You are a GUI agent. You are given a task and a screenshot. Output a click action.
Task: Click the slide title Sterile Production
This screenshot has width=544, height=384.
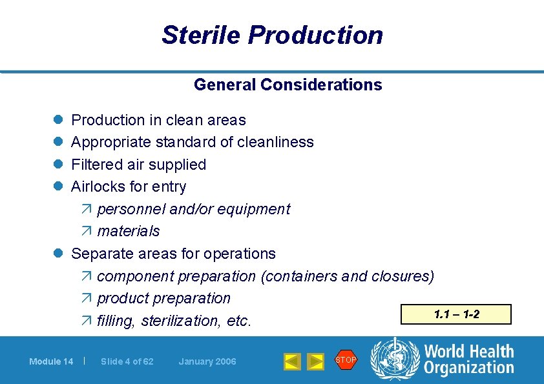click(272, 35)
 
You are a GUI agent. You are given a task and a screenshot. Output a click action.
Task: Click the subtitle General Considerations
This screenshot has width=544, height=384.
click(288, 85)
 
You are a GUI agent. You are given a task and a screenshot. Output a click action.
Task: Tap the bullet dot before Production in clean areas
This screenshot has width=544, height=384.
click(58, 120)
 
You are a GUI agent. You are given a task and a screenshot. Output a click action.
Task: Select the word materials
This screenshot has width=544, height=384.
click(128, 231)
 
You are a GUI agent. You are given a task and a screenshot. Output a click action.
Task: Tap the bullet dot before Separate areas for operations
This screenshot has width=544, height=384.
click(58, 254)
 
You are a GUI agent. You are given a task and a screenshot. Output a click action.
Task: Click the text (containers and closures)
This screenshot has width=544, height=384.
click(347, 276)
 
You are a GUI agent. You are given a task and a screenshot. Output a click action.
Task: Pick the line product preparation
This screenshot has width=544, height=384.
click(163, 298)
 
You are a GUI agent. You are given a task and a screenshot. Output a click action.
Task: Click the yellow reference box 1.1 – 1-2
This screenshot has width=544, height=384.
click(456, 314)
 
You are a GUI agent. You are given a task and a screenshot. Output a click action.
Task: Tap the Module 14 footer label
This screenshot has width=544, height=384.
click(51, 361)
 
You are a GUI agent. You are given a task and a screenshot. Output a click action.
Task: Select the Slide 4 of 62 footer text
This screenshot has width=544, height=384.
click(127, 361)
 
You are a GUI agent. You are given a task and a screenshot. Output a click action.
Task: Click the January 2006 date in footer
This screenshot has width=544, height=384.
click(207, 361)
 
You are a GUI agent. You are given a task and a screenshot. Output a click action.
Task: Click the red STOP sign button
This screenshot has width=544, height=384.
click(346, 360)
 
